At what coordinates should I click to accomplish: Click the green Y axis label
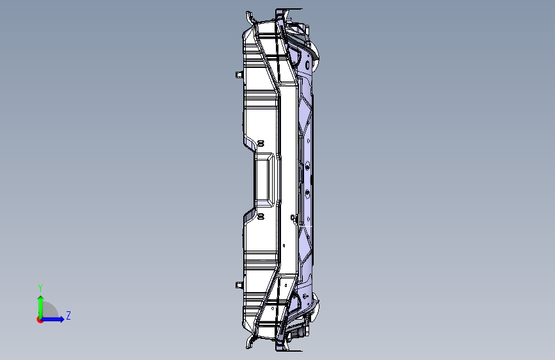coord(40,288)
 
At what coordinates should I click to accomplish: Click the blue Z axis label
coord(68,315)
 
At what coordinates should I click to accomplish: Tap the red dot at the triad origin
coord(40,320)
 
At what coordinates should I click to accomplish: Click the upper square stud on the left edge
coord(239,74)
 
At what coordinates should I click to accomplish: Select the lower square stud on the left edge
coord(239,285)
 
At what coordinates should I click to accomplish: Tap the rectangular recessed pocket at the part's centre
coord(265,179)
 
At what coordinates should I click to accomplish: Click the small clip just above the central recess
coord(261,143)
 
